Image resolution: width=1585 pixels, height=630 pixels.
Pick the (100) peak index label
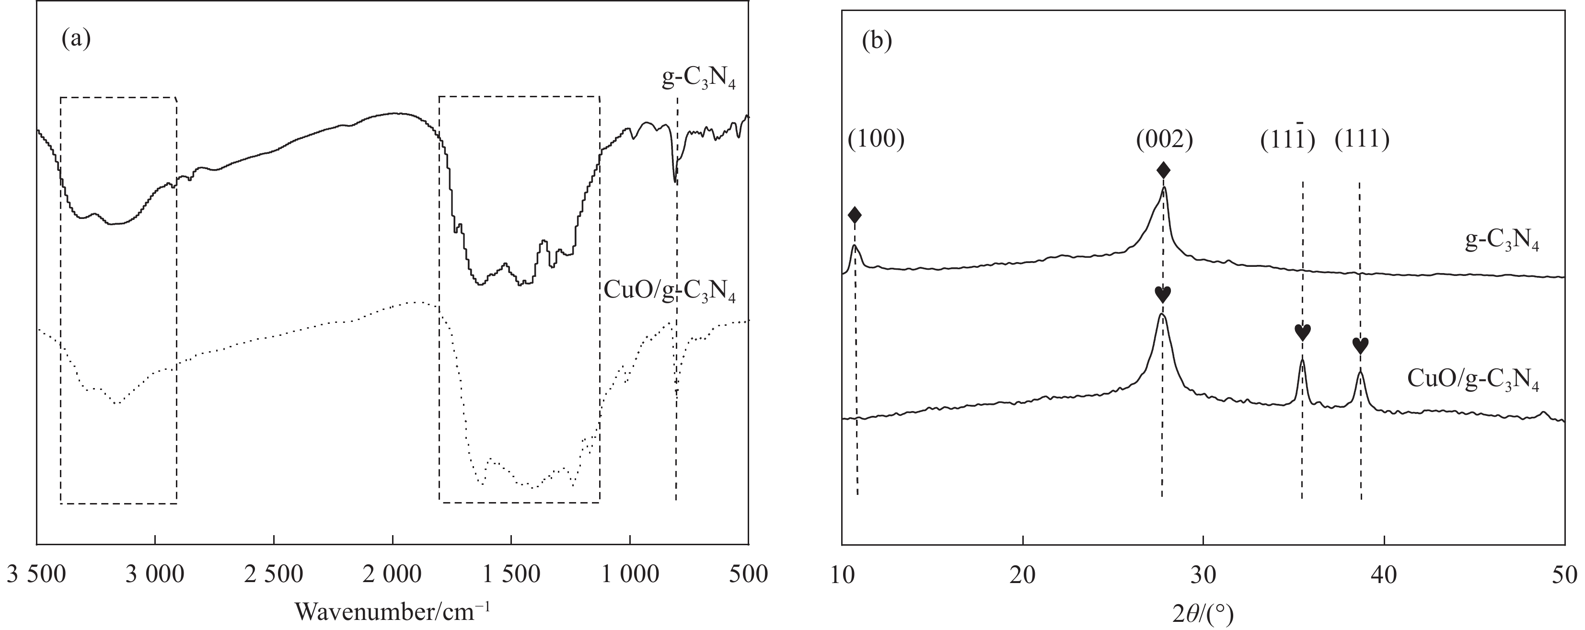876,140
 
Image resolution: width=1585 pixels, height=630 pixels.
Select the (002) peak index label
1165,140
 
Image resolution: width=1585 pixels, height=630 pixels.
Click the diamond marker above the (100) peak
855,215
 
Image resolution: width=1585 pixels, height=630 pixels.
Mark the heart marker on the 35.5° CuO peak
1303,332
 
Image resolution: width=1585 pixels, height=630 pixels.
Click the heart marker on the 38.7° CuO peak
1360,346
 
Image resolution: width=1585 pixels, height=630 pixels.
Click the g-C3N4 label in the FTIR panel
698,81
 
